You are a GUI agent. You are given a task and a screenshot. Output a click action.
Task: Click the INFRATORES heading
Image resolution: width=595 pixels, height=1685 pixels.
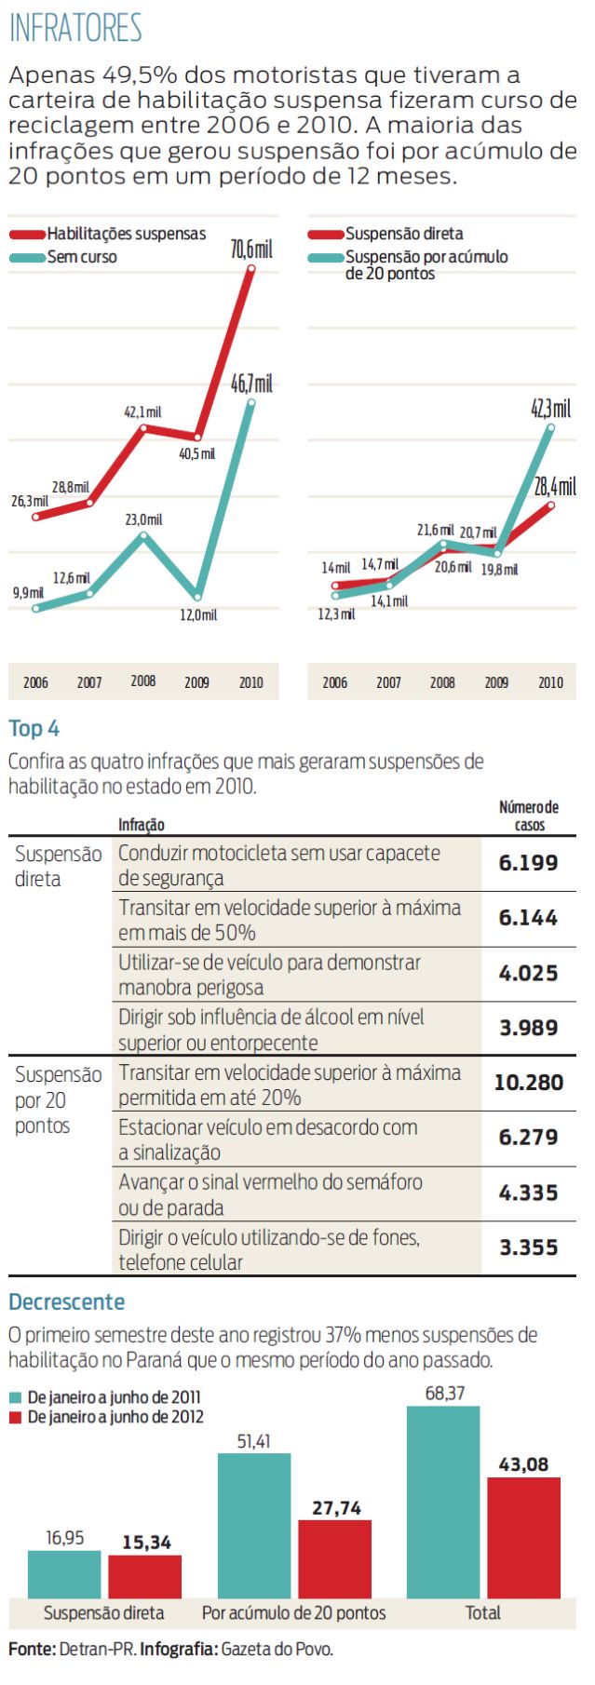75,28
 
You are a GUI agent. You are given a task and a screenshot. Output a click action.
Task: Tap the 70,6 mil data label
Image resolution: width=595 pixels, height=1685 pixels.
251,249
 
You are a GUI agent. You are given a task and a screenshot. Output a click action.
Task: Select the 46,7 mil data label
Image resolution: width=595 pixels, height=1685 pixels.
251,384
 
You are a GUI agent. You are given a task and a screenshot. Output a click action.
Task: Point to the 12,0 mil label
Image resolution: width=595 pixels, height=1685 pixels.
198,615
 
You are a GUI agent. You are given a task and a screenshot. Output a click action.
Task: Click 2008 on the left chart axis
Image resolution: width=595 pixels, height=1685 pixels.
143,681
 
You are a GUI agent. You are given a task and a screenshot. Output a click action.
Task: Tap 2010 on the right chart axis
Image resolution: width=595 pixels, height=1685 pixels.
550,682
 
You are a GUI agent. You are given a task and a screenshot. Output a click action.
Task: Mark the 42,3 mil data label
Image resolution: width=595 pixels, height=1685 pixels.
550,409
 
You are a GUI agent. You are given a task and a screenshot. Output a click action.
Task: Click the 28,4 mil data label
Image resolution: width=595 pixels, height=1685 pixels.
555,486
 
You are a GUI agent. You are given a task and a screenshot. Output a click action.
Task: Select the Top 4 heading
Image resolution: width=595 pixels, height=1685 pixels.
34,729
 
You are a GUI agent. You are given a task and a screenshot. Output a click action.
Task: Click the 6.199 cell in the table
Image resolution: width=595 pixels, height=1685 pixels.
528,863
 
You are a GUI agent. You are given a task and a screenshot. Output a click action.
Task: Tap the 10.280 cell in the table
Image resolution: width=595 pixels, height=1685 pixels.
528,1083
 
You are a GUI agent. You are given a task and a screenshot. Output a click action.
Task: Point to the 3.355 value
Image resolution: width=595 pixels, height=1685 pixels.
528,1247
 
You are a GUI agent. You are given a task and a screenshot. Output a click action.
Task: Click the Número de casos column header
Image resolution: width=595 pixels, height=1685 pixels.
529,816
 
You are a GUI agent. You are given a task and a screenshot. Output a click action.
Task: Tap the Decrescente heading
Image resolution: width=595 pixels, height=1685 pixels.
66,1301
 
